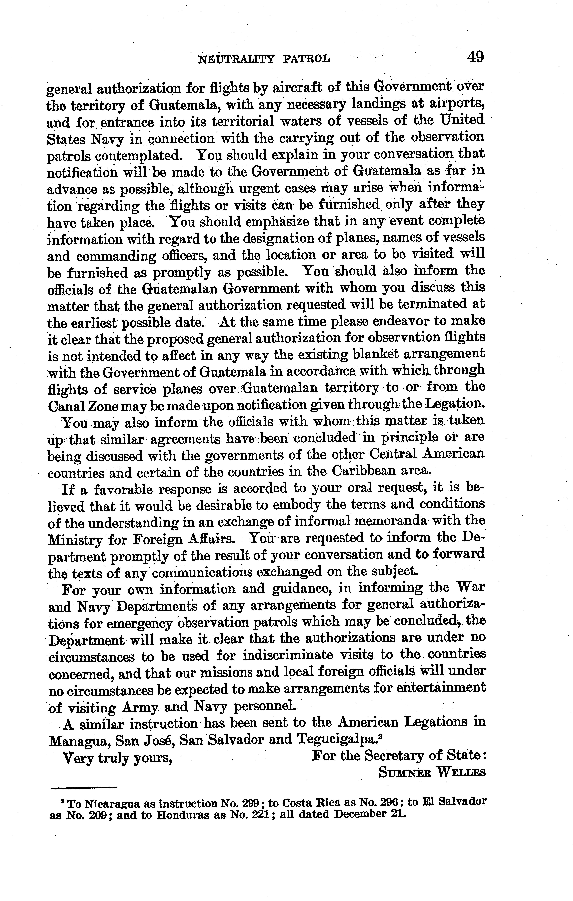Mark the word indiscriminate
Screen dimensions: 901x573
pos(288,655)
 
